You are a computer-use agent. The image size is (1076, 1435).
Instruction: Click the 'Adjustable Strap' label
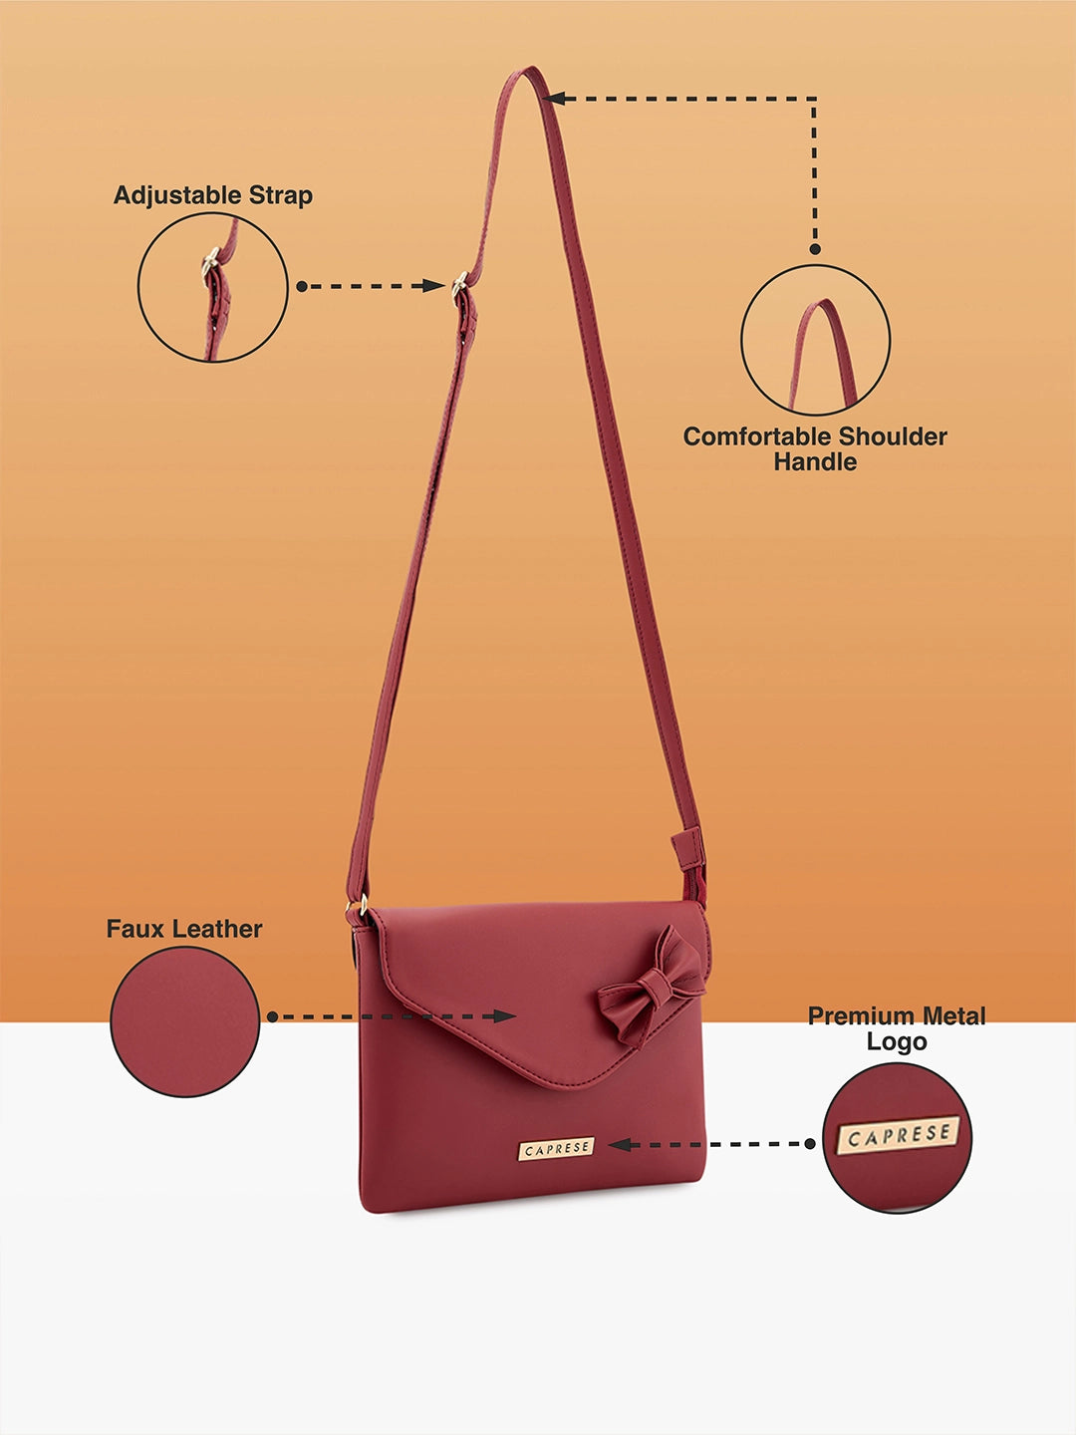(213, 195)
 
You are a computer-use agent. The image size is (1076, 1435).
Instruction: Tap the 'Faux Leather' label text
(184, 929)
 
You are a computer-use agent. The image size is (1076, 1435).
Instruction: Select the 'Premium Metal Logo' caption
(897, 1028)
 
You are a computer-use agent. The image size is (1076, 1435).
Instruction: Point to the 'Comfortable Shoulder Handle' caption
(815, 449)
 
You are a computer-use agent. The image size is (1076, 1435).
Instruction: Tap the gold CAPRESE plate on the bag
(557, 1149)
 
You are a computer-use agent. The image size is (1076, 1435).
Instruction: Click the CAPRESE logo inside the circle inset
(899, 1135)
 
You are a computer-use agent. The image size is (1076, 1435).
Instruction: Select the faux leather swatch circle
(185, 1021)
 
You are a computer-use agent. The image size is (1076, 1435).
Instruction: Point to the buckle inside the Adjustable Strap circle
(209, 263)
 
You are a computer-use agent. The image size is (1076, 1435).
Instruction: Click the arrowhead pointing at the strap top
(554, 99)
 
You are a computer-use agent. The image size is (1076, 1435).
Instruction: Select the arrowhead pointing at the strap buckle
(433, 286)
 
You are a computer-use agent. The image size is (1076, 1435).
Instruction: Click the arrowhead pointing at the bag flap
(504, 1015)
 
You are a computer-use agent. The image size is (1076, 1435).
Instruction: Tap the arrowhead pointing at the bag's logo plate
(620, 1144)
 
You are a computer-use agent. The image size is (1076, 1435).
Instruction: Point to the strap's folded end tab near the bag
(687, 849)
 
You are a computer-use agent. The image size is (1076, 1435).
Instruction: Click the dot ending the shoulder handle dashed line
(815, 249)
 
